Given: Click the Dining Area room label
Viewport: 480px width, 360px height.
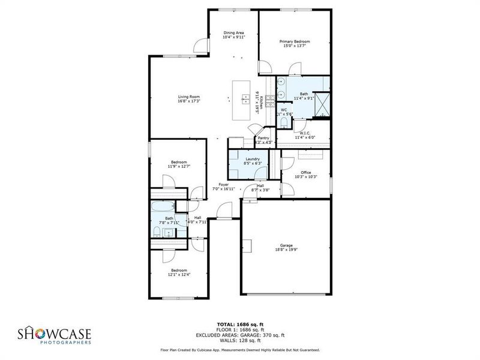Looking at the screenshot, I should pyautogui.click(x=233, y=32).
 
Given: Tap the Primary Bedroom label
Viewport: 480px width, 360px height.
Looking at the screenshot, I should pyautogui.click(x=295, y=41).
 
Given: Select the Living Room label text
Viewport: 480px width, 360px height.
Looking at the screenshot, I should pyautogui.click(x=188, y=97).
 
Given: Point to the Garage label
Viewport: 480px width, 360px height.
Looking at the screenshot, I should pyautogui.click(x=285, y=245).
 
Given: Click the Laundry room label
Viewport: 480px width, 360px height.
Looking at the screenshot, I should pyautogui.click(x=252, y=159).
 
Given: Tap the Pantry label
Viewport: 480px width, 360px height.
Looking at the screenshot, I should pyautogui.click(x=263, y=138).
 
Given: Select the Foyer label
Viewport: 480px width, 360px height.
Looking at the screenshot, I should pyautogui.click(x=223, y=185).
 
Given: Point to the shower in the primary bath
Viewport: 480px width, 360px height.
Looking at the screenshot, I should pyautogui.click(x=322, y=103).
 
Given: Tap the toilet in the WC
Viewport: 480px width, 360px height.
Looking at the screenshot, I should pyautogui.click(x=284, y=122).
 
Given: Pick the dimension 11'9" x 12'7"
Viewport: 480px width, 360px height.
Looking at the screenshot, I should pyautogui.click(x=179, y=166).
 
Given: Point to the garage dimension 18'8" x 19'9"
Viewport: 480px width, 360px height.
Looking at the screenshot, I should pyautogui.click(x=285, y=249).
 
